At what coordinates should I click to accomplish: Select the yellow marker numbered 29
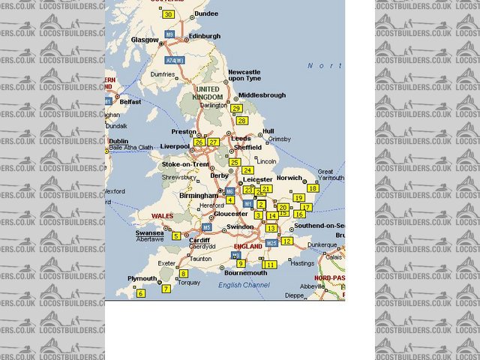coord(236,108)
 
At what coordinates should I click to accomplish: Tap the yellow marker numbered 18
coord(313,187)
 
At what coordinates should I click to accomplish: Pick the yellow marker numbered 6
coord(140,293)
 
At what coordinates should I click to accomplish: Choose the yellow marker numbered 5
coord(176,235)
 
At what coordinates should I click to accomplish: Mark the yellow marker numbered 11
coord(270,264)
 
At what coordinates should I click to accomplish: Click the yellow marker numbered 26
coord(199,142)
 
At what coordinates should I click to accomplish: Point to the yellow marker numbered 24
coord(247,170)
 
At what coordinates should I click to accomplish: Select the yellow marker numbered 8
coord(184,274)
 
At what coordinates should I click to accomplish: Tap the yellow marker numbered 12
coord(286,241)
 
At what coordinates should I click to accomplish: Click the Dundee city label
coord(205,13)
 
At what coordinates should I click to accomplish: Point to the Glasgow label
coord(145,40)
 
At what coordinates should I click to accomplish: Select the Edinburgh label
coord(205,36)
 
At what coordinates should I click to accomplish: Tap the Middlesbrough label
coord(263,95)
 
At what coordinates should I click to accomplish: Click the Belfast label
coord(130,101)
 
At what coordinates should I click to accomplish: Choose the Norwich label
coord(288,178)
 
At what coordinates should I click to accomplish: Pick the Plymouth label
coord(142,278)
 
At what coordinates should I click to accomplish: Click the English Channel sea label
coord(244,285)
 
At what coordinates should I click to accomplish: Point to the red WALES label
coord(163,216)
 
